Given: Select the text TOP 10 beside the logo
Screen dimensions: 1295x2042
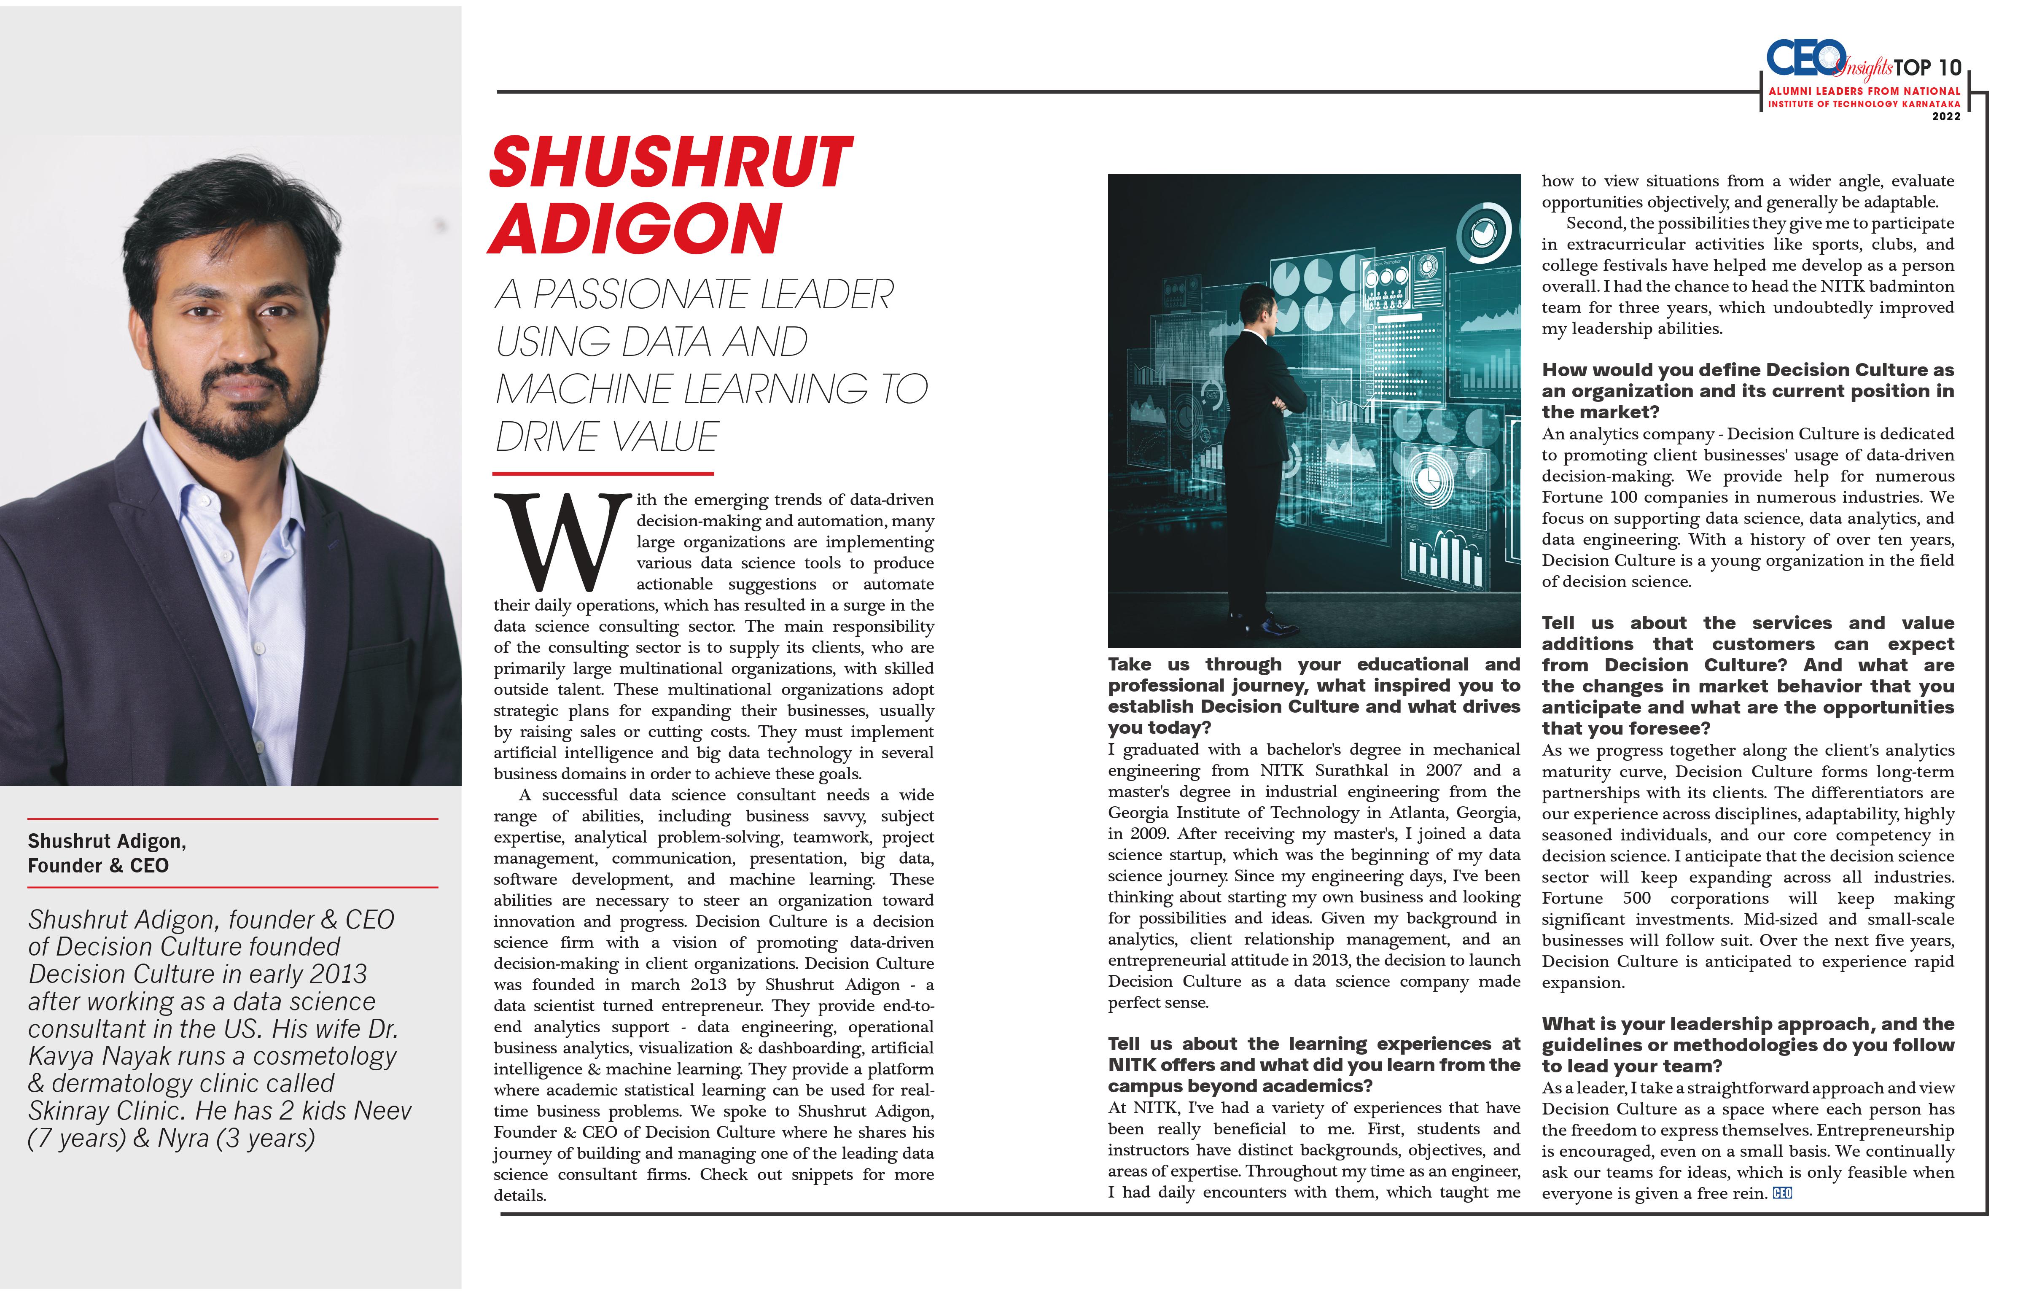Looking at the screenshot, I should [1927, 68].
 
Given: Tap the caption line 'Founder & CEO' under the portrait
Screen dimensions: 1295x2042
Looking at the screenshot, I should [98, 866].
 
